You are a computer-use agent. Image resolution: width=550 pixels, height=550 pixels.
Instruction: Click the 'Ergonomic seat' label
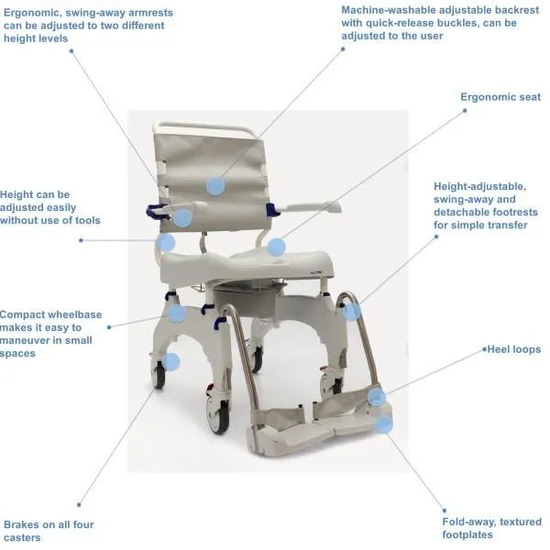(x=500, y=96)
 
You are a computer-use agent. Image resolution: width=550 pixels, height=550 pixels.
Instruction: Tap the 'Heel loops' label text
(x=513, y=349)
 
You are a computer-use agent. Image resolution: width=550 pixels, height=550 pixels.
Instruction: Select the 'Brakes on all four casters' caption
(x=48, y=531)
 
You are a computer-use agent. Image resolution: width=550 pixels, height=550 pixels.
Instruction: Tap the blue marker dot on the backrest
(x=215, y=186)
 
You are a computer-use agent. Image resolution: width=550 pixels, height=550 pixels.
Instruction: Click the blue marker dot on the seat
(x=276, y=247)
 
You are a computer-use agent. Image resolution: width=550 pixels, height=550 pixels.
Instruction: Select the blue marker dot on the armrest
(x=182, y=218)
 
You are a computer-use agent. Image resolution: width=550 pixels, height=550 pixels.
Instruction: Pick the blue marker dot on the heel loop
(x=377, y=396)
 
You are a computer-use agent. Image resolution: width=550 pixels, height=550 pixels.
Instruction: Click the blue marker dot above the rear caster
(x=171, y=361)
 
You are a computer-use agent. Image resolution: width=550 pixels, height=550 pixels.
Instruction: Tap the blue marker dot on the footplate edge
(x=384, y=423)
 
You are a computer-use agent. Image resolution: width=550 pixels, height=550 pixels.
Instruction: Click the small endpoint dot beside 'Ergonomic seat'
(x=465, y=110)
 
